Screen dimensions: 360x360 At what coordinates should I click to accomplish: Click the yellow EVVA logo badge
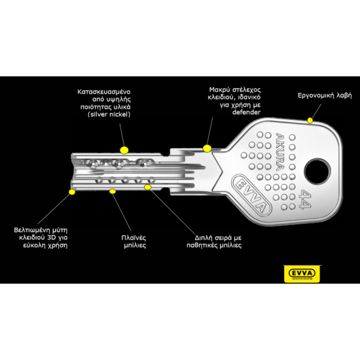click(x=302, y=274)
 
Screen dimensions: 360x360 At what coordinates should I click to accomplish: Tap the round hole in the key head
click(x=317, y=171)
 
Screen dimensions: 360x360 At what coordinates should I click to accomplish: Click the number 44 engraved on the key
click(x=306, y=199)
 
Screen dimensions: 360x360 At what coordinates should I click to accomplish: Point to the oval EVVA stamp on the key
click(x=251, y=194)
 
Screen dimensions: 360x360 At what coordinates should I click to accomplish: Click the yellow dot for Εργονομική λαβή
click(x=310, y=120)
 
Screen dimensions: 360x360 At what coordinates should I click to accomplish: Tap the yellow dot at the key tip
click(x=72, y=192)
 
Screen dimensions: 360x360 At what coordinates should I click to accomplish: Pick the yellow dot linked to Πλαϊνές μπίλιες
click(x=113, y=191)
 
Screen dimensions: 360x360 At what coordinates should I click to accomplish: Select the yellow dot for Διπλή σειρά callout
click(x=148, y=187)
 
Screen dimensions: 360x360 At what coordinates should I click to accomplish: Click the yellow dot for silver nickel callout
click(x=124, y=150)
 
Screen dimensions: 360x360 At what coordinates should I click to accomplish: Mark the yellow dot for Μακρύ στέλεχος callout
click(x=207, y=149)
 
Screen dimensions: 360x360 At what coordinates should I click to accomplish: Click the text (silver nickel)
click(x=109, y=115)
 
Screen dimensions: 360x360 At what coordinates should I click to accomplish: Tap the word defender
click(x=246, y=113)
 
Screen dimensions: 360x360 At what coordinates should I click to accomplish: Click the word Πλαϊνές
click(x=134, y=238)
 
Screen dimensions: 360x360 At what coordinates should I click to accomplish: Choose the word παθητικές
click(x=202, y=245)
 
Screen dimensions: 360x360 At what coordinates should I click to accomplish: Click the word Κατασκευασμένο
click(x=104, y=92)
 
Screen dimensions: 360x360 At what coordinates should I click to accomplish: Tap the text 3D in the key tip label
click(x=52, y=238)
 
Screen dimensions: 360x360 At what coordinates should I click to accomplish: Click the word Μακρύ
click(x=218, y=90)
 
